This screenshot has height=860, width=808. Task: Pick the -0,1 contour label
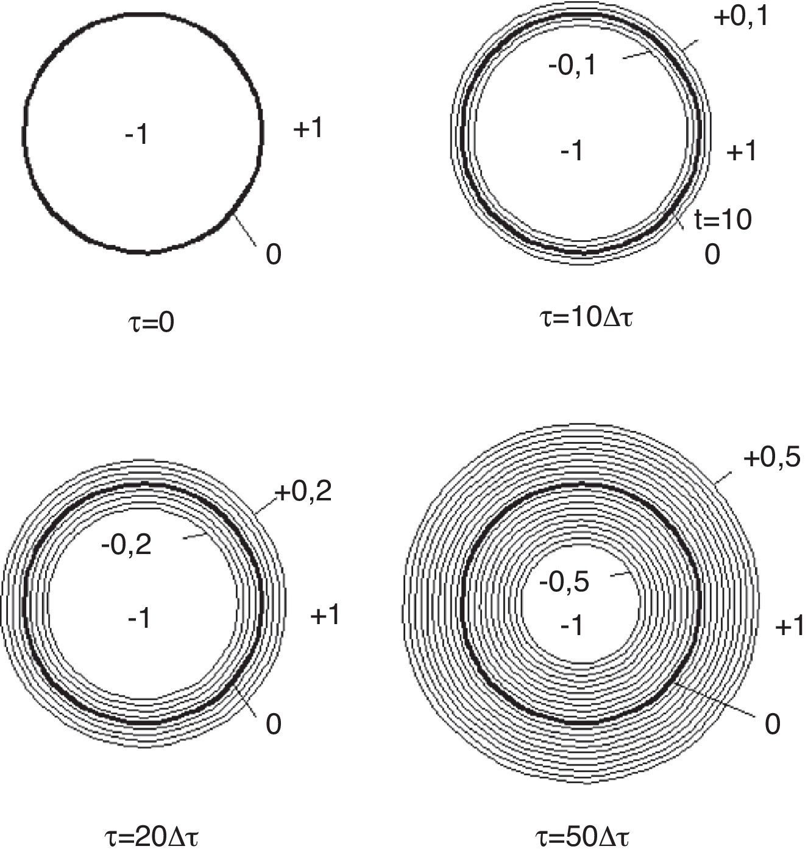(572, 66)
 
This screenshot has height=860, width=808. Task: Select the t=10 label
(723, 219)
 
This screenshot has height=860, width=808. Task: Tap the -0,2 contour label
(126, 545)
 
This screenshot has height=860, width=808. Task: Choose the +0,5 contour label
(772, 457)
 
